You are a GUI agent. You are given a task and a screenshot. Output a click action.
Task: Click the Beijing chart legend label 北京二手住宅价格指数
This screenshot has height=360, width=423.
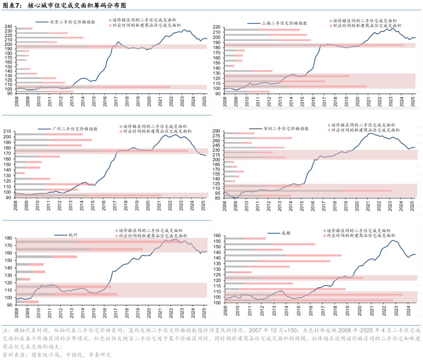click(x=72, y=23)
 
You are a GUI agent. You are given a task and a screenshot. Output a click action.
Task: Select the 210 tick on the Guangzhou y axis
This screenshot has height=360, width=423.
click(x=8, y=132)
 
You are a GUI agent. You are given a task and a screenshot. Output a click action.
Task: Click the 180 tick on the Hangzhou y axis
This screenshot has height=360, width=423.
click(x=8, y=238)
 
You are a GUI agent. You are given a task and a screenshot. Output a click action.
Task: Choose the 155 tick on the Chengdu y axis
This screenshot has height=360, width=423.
click(x=216, y=236)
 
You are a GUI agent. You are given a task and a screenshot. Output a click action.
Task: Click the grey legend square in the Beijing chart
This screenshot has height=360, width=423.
click(x=110, y=20)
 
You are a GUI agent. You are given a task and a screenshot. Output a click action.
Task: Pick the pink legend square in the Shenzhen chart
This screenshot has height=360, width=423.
click(x=329, y=130)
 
